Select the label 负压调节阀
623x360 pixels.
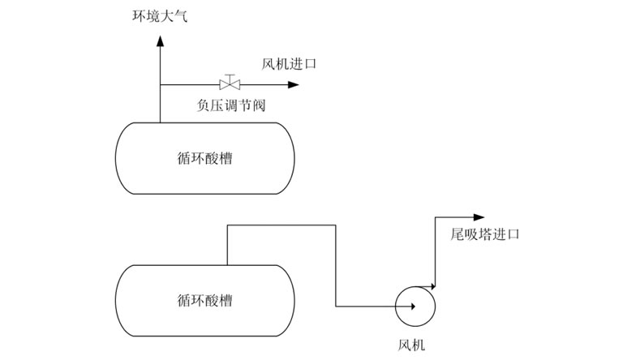tap(232, 105)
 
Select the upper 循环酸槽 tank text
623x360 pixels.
tap(204, 158)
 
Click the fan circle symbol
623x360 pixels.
tap(415, 306)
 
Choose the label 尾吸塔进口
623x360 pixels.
tap(484, 234)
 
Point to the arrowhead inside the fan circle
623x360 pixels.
tap(413, 306)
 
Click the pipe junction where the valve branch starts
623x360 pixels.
tap(160, 84)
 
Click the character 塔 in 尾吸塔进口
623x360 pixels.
tap(484, 234)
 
